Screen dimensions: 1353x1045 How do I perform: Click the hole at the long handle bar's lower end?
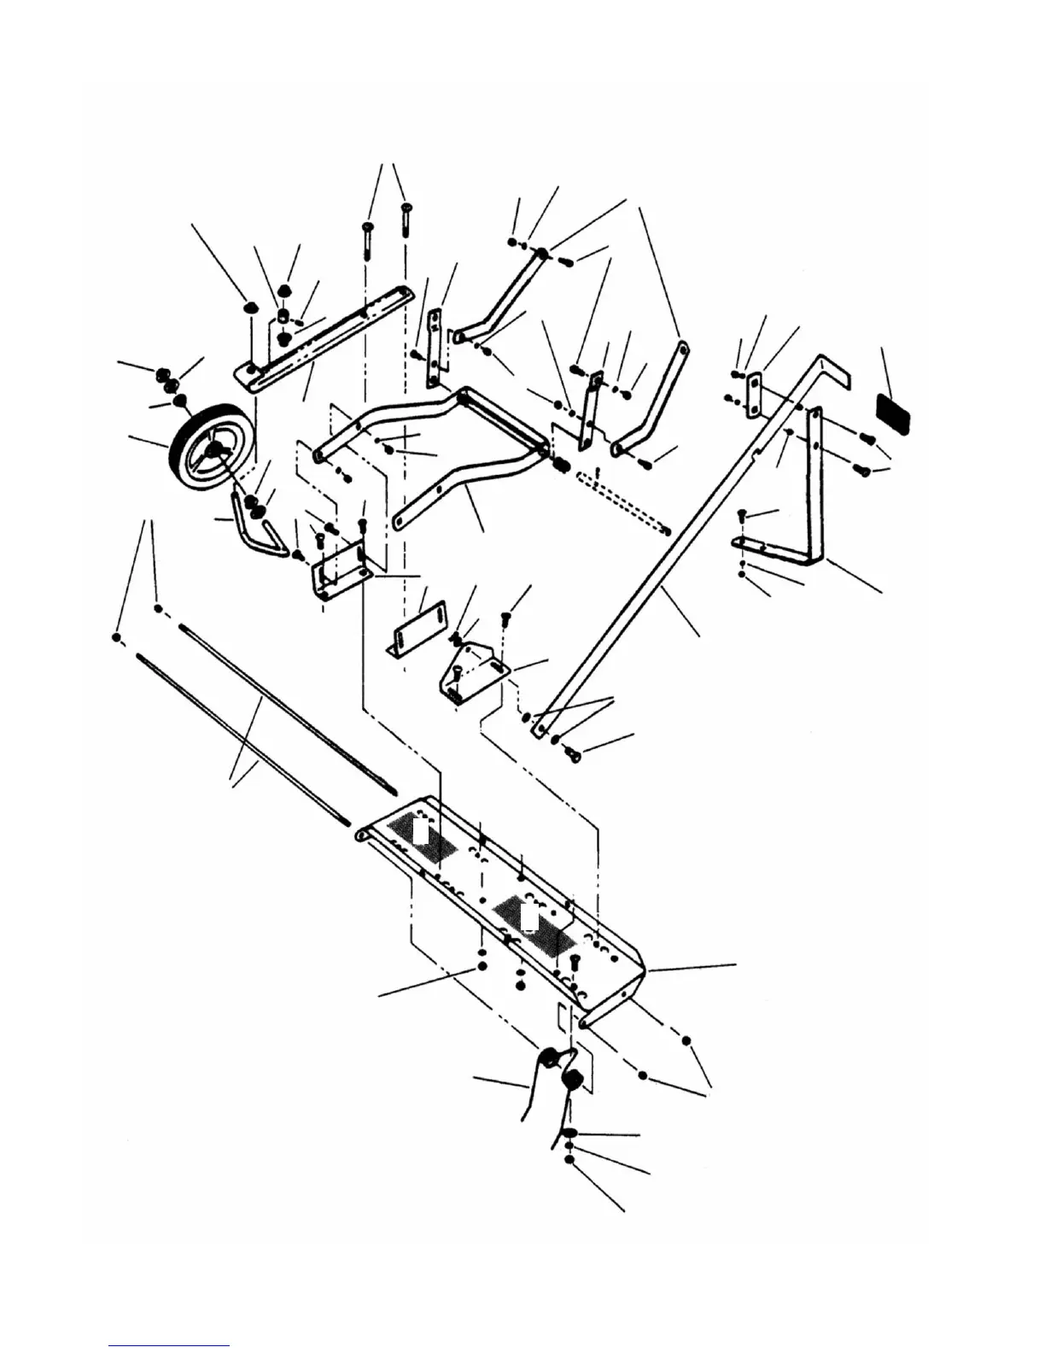point(538,731)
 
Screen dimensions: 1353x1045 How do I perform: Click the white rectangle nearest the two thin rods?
point(419,830)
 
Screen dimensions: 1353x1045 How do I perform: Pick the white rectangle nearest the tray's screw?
point(529,917)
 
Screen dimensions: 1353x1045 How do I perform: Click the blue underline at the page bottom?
point(168,1345)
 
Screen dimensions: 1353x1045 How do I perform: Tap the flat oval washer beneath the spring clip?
point(570,1133)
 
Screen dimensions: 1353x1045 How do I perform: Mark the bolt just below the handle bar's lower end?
point(573,754)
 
